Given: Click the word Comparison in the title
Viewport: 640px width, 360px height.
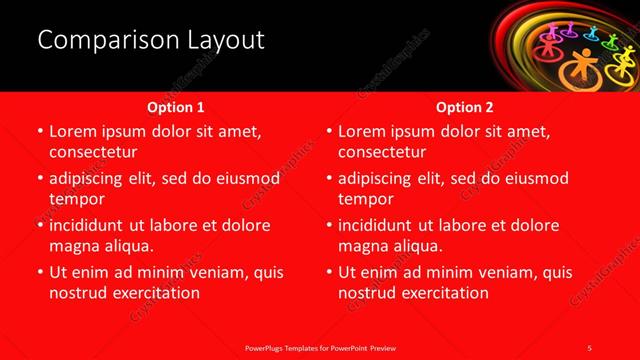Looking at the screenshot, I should pyautogui.click(x=97, y=40).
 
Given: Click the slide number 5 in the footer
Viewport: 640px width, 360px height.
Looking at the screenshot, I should pyautogui.click(x=590, y=347).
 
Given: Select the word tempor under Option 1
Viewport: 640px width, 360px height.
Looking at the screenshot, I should pyautogui.click(x=77, y=198).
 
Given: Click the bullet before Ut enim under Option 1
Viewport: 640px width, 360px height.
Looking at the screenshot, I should pyautogui.click(x=40, y=272).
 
